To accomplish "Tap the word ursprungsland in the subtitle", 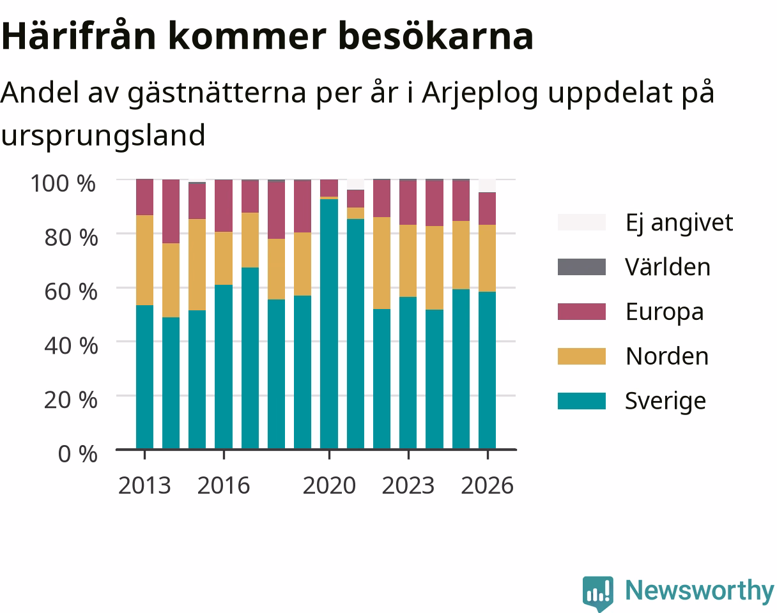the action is pyautogui.click(x=104, y=136).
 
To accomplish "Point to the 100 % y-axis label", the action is pyautogui.click(x=63, y=183).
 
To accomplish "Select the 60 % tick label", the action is pyautogui.click(x=71, y=292).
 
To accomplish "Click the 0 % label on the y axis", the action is pyautogui.click(x=77, y=453).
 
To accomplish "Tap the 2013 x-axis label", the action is pyautogui.click(x=144, y=485).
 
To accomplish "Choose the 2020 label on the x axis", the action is pyautogui.click(x=329, y=485).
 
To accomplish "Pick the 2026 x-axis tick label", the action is pyautogui.click(x=487, y=485).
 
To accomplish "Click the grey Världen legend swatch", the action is pyautogui.click(x=581, y=267).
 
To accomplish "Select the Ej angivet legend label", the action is pyautogui.click(x=679, y=223).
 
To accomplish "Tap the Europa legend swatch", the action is pyautogui.click(x=581, y=312).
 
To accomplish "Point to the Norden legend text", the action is pyautogui.click(x=667, y=356).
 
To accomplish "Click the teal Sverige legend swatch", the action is pyautogui.click(x=581, y=401).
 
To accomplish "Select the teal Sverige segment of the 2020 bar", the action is pyautogui.click(x=329, y=324).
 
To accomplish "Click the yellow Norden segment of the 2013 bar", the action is pyautogui.click(x=145, y=260).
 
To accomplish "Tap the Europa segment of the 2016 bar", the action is pyautogui.click(x=224, y=206).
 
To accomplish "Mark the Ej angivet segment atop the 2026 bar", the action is pyautogui.click(x=488, y=185).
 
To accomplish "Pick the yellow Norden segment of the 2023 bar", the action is pyautogui.click(x=408, y=261).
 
